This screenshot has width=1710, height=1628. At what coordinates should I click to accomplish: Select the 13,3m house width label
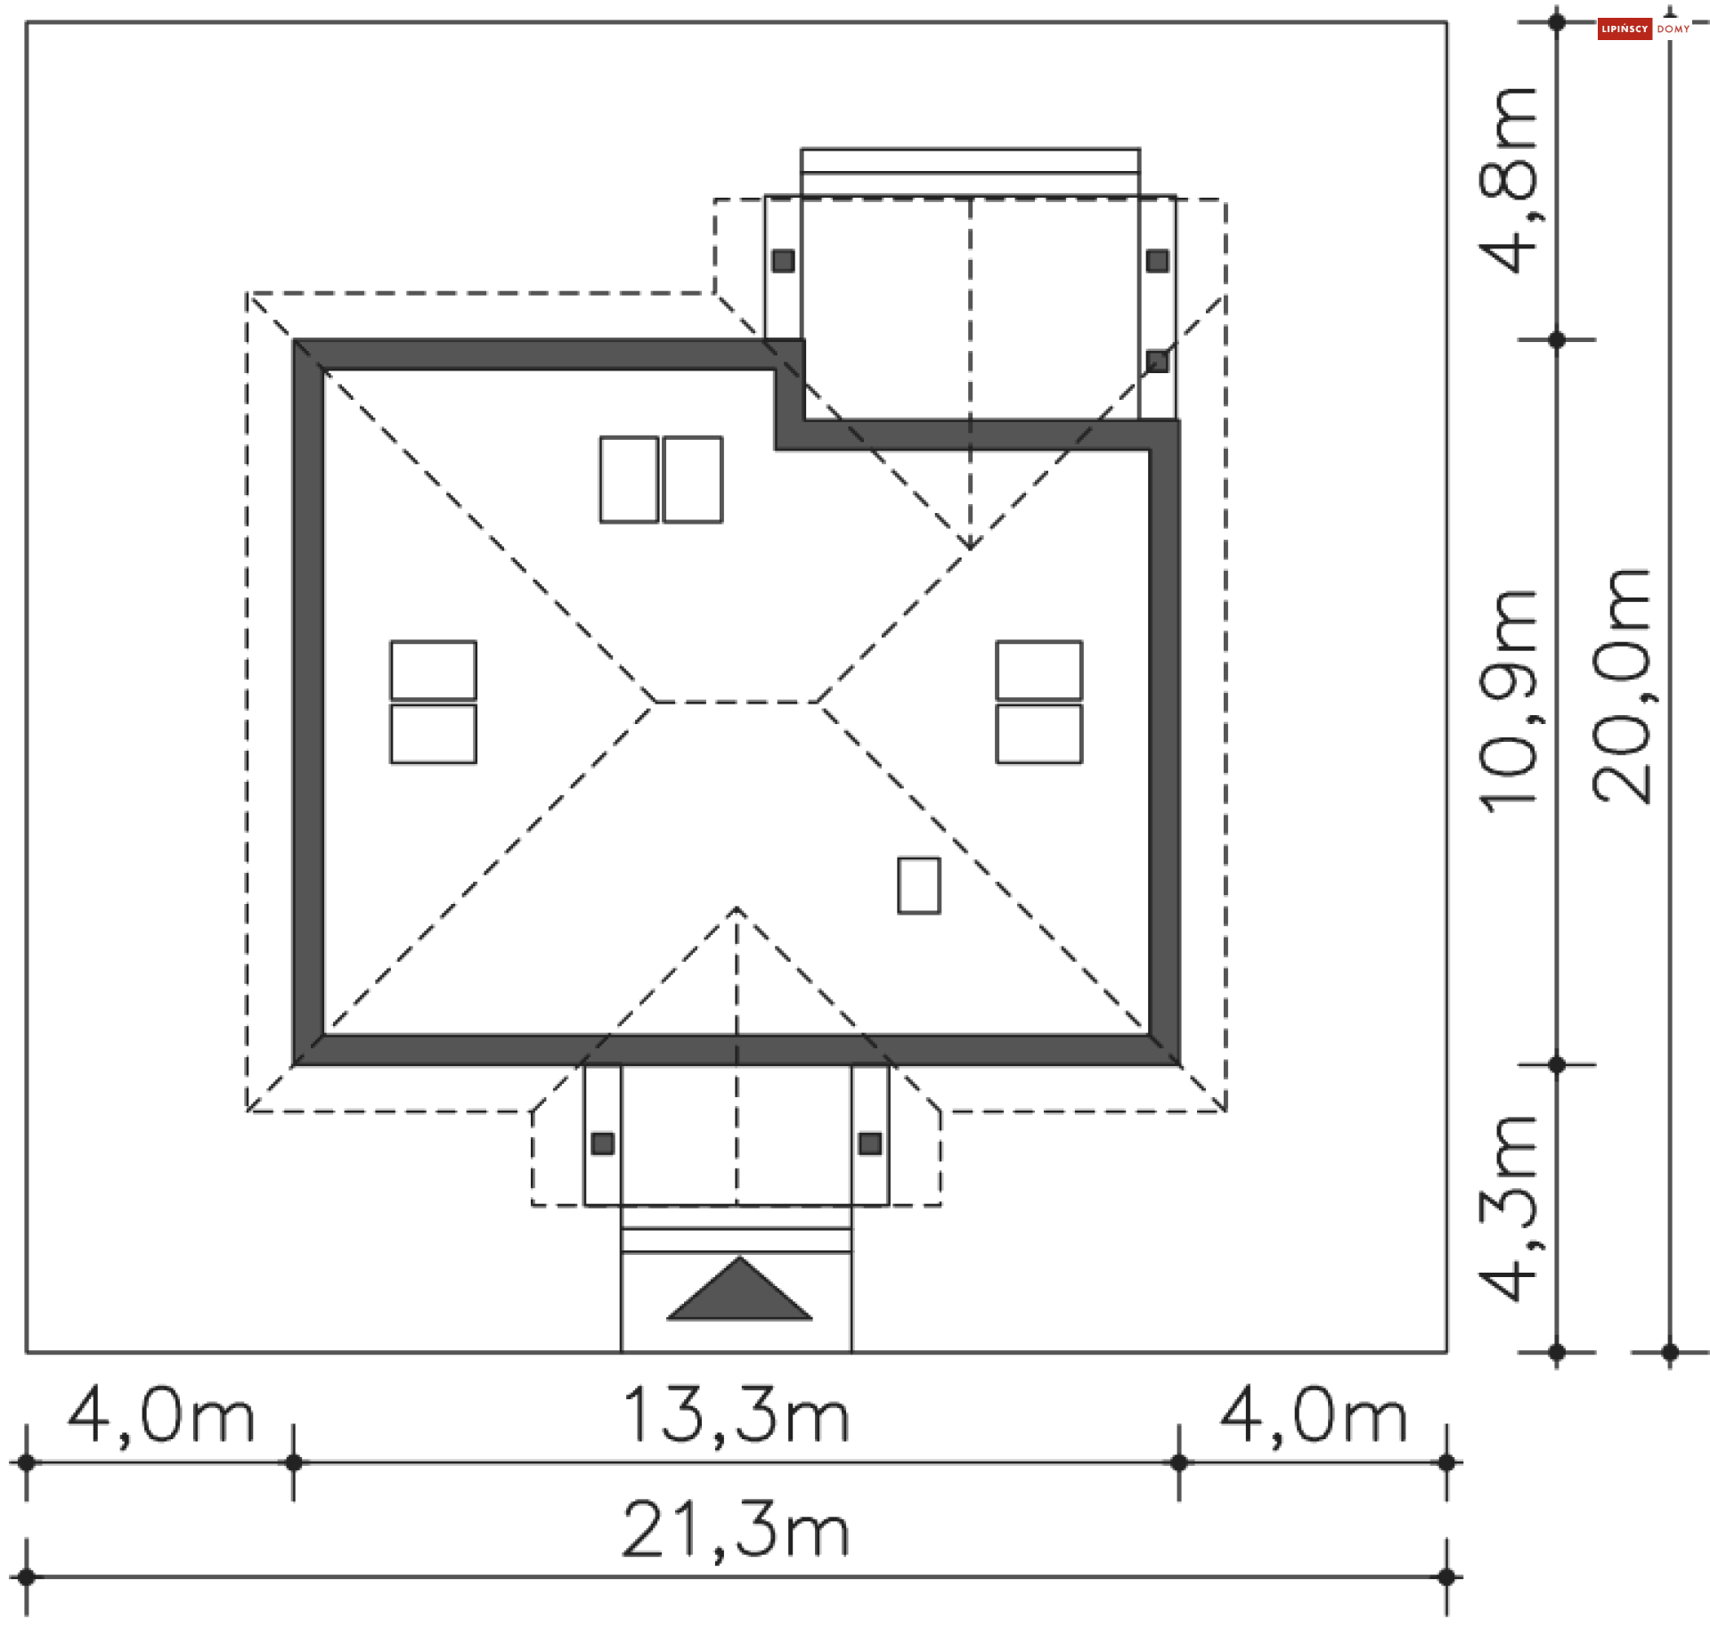pyautogui.click(x=736, y=1415)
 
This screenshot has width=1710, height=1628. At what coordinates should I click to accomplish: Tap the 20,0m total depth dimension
pyautogui.click(x=1621, y=686)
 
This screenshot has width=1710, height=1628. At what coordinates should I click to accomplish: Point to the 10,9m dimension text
pyautogui.click(x=1508, y=700)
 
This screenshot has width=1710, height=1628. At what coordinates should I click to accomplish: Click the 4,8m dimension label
pyautogui.click(x=1508, y=179)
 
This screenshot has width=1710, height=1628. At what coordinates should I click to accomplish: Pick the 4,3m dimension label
pyautogui.click(x=1508, y=1208)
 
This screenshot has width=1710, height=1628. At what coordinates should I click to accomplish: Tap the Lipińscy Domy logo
pyautogui.click(x=1644, y=28)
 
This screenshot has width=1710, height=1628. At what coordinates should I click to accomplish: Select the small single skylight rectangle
pyautogui.click(x=918, y=885)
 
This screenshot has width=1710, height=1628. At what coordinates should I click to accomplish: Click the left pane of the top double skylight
pyautogui.click(x=629, y=479)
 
